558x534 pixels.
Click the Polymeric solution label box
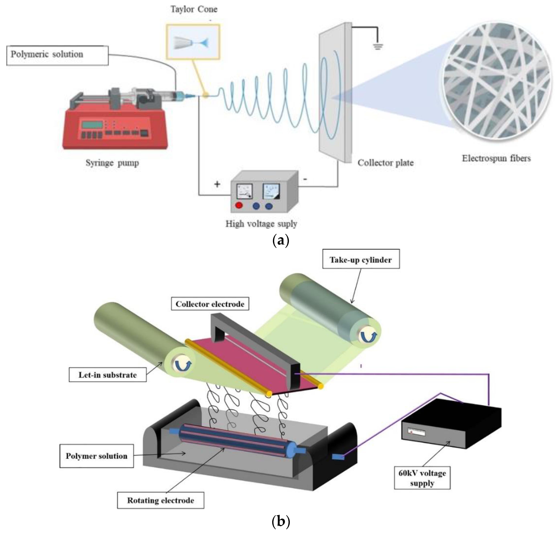coord(57,55)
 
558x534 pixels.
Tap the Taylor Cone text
coord(194,9)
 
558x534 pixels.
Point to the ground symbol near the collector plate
coord(378,46)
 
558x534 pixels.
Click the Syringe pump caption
coord(112,163)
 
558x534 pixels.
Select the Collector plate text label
coord(385,163)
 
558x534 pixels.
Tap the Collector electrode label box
coord(210,304)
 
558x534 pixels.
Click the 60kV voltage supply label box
coord(422,478)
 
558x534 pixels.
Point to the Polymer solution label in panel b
coord(97,456)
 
